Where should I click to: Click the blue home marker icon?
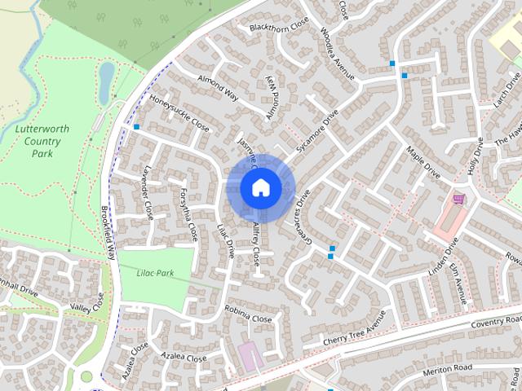tap(260, 188)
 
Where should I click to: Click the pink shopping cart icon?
tap(458, 198)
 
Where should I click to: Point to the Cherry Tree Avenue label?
tap(353, 332)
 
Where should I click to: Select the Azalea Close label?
tap(184, 358)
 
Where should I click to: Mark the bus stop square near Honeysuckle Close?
tap(136, 127)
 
